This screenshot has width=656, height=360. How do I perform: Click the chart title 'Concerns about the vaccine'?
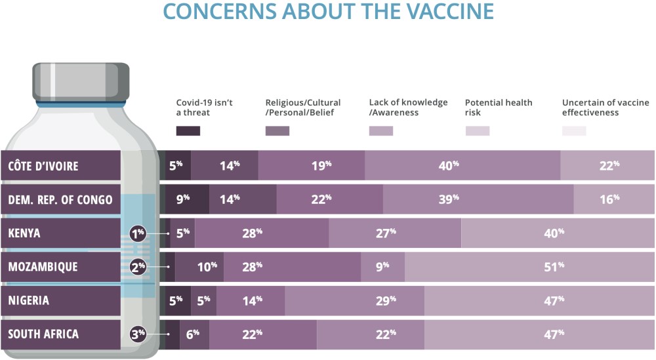point(328,11)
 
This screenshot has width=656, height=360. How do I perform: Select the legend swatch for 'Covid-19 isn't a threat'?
point(188,130)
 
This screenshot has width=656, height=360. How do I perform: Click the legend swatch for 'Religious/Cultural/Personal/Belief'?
point(277,130)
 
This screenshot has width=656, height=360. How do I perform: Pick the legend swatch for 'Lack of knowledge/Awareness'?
point(381,130)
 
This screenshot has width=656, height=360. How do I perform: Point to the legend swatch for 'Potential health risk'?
point(477,130)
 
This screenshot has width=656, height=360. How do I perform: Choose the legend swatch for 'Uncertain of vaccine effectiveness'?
point(574,130)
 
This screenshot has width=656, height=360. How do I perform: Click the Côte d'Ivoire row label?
point(60,166)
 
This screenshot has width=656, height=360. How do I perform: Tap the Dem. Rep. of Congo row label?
point(60,199)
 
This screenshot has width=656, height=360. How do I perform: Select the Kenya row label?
point(60,233)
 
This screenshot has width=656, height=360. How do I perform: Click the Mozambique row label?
point(60,267)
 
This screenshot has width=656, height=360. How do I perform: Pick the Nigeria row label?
point(60,301)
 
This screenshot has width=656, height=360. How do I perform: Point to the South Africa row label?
point(60,334)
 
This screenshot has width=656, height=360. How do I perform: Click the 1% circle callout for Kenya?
point(138,233)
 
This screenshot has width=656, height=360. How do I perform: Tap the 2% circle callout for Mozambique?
point(138,267)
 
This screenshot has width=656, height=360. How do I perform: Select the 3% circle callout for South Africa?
point(138,334)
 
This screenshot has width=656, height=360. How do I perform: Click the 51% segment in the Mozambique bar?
point(530,267)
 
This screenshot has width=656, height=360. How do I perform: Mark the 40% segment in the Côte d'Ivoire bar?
point(462,166)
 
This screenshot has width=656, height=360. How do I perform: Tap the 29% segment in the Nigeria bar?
point(355,301)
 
